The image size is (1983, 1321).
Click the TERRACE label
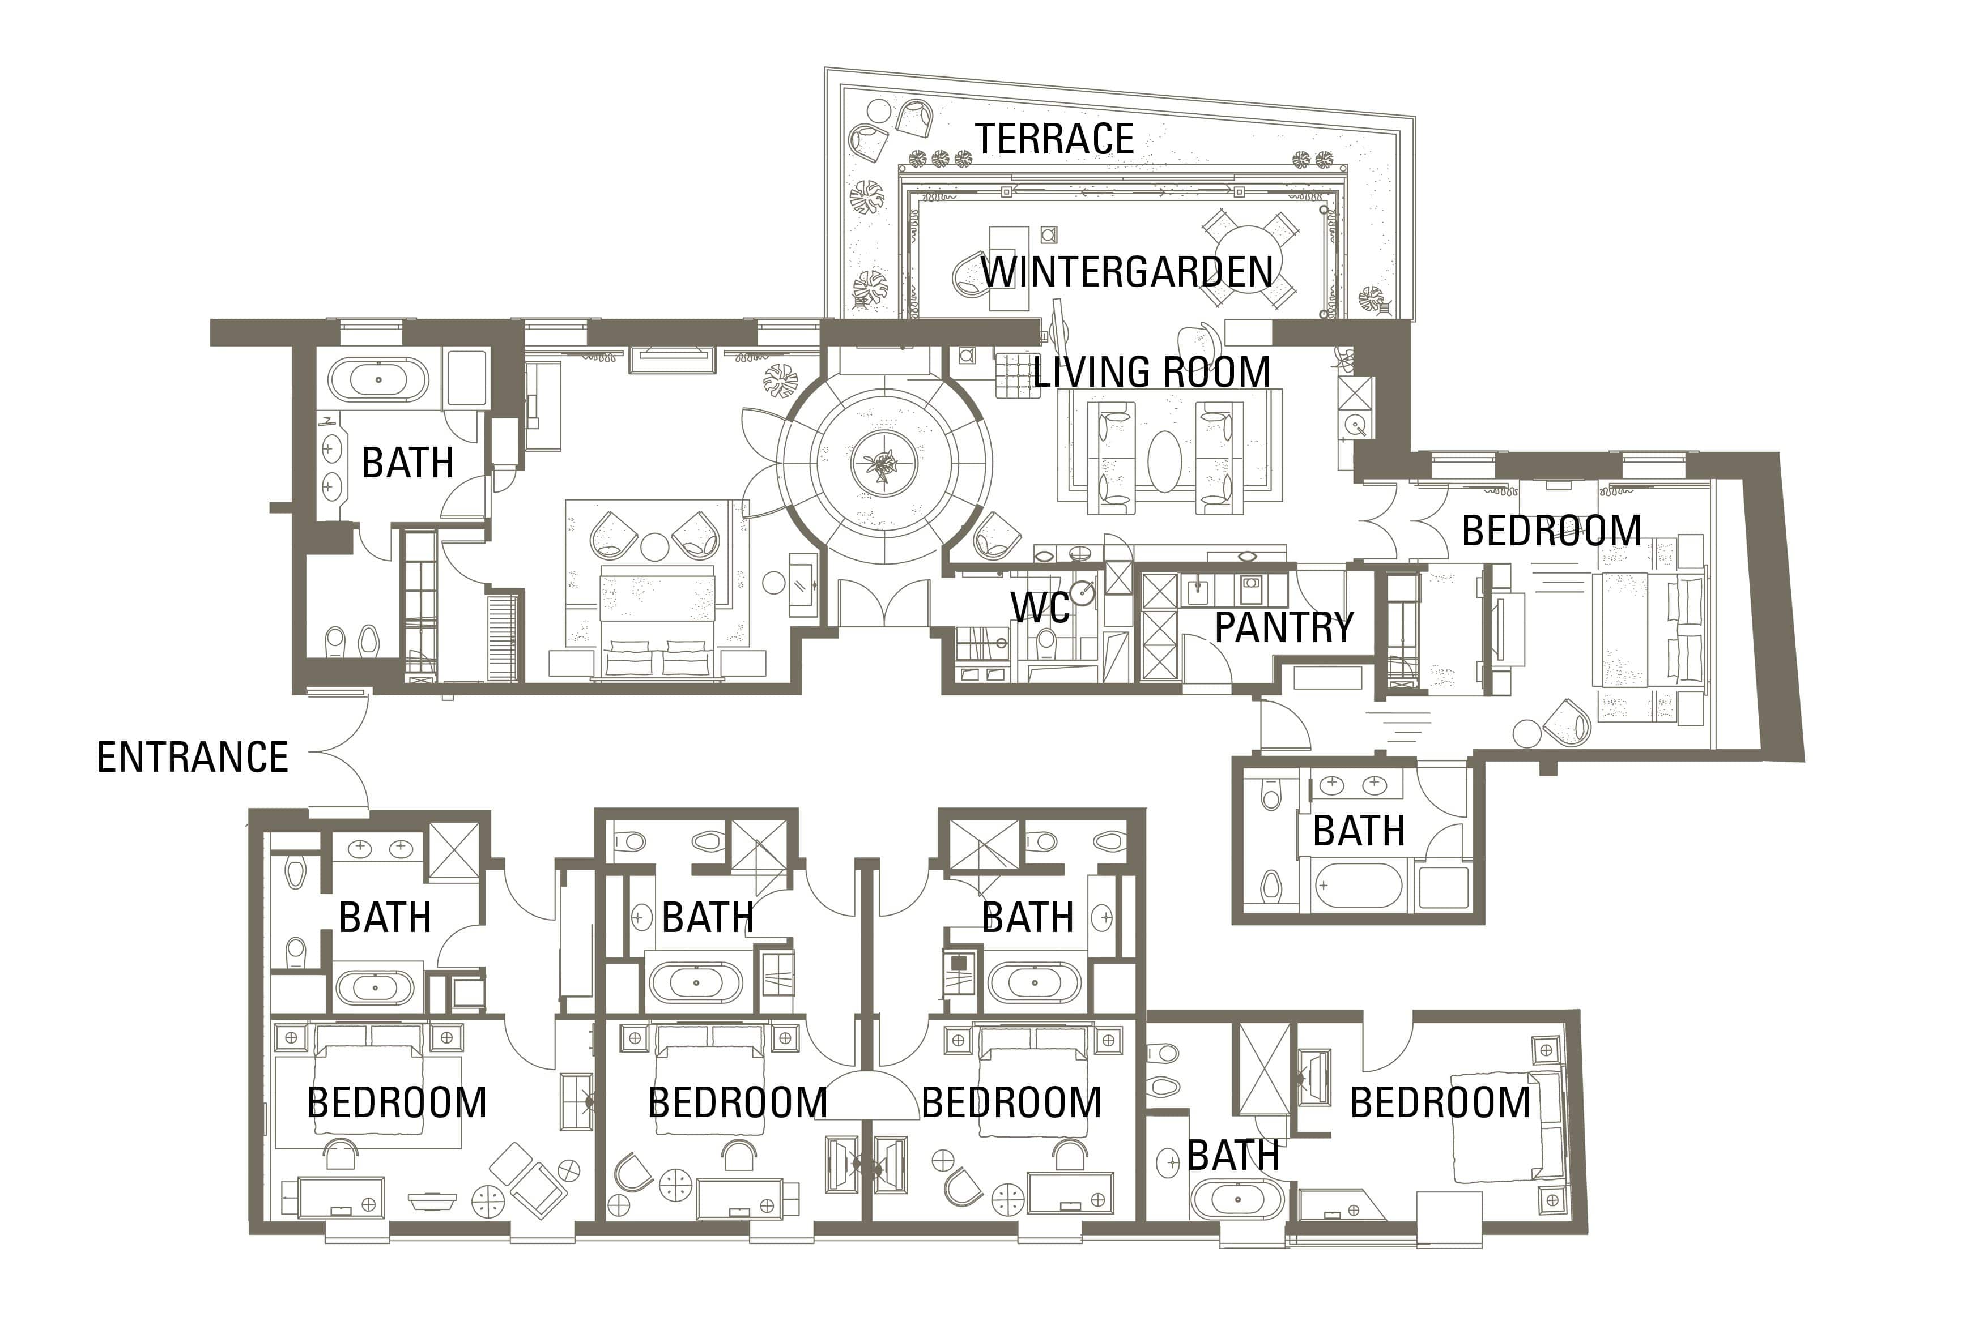click(x=1054, y=139)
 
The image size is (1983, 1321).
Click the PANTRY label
click(x=1283, y=627)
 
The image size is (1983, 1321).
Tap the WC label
click(x=1040, y=606)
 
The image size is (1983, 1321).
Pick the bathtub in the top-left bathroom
click(x=378, y=380)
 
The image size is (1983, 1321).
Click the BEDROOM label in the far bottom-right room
click(x=1440, y=1103)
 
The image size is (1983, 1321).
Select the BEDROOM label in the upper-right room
click(x=1551, y=531)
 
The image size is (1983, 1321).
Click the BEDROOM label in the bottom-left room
click(x=396, y=1103)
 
